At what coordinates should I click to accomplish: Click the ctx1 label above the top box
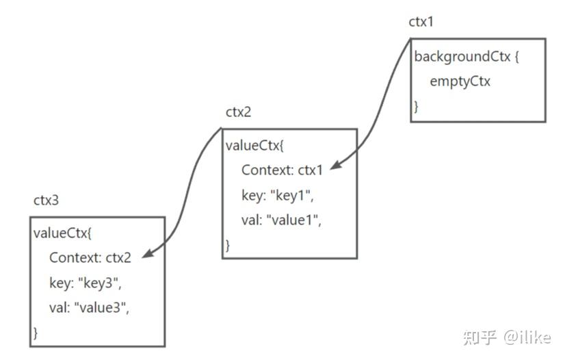pyautogui.click(x=421, y=22)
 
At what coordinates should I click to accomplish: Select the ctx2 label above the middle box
pyautogui.click(x=239, y=112)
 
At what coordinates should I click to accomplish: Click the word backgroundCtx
pyautogui.click(x=462, y=57)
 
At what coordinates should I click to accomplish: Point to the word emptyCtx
pyautogui.click(x=460, y=81)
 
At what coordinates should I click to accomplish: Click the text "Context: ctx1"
pyautogui.click(x=281, y=170)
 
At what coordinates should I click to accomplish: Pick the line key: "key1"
pyautogui.click(x=277, y=195)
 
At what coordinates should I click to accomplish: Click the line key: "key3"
pyautogui.click(x=85, y=283)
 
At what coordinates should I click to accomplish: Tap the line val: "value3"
pyautogui.click(x=89, y=307)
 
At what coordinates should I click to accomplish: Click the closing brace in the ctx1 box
pyautogui.click(x=416, y=106)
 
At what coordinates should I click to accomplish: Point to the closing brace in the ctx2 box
pyautogui.click(x=228, y=244)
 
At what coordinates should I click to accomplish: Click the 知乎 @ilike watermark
pyautogui.click(x=507, y=337)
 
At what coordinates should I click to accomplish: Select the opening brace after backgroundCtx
pyautogui.click(x=517, y=57)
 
